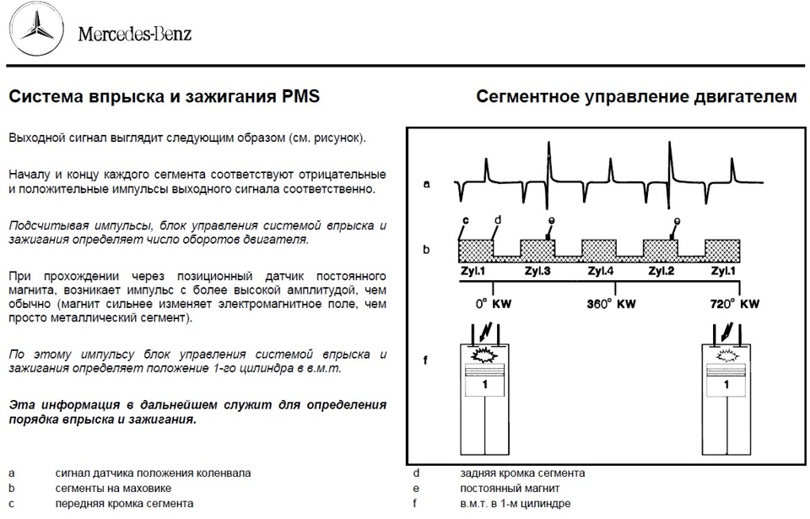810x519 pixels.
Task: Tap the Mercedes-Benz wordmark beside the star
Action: pyautogui.click(x=135, y=35)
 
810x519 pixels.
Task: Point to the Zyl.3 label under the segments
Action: pyautogui.click(x=537, y=271)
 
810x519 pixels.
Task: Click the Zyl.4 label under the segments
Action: pyautogui.click(x=599, y=271)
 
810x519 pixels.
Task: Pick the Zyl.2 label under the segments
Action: pyautogui.click(x=661, y=271)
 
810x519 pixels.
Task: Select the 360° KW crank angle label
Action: pyautogui.click(x=612, y=304)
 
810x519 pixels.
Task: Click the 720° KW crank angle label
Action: pyautogui.click(x=735, y=304)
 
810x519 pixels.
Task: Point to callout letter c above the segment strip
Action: pyautogui.click(x=466, y=221)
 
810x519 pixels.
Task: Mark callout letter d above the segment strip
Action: pyautogui.click(x=498, y=220)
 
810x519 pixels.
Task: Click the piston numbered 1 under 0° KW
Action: pyautogui.click(x=485, y=385)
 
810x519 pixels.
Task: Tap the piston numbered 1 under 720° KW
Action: pyautogui.click(x=728, y=385)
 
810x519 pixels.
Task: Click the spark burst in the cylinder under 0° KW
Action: pyautogui.click(x=484, y=358)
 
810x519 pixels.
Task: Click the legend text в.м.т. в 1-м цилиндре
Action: pyautogui.click(x=516, y=504)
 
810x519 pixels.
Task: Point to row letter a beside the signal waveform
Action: pyautogui.click(x=428, y=181)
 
